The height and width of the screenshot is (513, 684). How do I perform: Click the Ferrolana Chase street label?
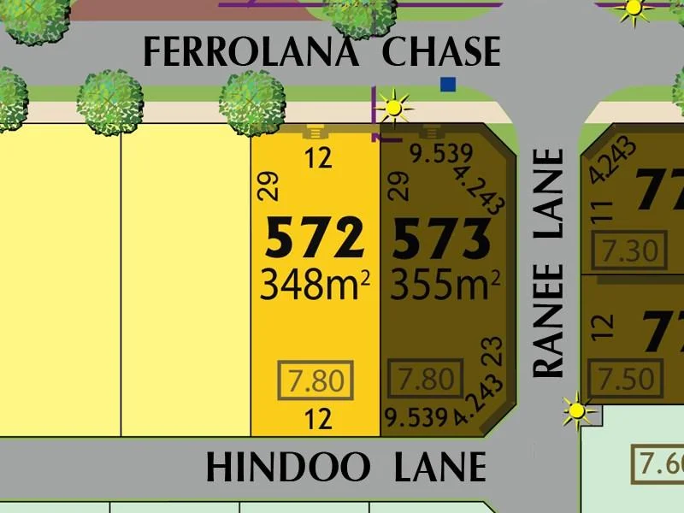321,53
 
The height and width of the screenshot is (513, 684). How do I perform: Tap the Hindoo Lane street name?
345,469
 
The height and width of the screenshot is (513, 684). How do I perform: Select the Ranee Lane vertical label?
550,263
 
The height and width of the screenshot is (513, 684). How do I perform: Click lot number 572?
315,239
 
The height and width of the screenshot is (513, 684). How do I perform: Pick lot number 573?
441,239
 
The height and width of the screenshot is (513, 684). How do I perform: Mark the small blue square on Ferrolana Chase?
447,84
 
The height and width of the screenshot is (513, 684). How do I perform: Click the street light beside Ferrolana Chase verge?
394,107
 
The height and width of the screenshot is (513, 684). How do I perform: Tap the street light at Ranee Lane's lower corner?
578,411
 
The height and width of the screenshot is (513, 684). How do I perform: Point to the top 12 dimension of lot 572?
318,159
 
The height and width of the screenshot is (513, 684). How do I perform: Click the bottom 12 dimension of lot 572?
318,418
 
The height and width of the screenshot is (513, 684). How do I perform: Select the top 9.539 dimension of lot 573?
440,155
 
